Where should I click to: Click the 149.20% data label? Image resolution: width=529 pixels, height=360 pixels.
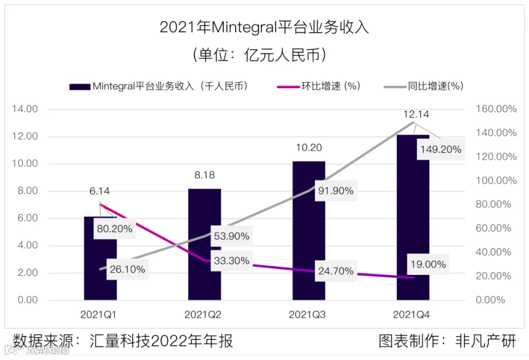[440, 150]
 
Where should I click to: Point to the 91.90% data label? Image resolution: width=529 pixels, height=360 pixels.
[336, 191]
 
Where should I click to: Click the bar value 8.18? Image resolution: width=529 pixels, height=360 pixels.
[205, 174]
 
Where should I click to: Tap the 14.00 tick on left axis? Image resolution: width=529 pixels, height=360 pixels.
[25, 109]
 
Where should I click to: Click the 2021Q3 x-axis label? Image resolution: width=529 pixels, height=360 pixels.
[307, 315]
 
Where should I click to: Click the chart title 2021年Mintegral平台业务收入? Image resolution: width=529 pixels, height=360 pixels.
[264, 28]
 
